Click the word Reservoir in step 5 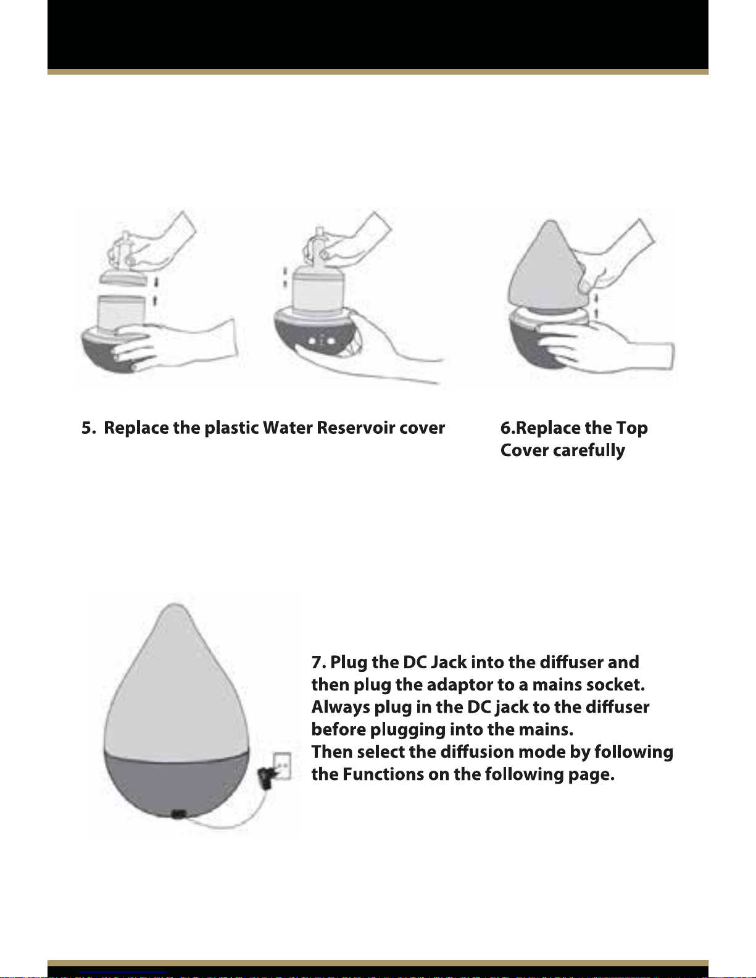355,428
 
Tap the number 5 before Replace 86,428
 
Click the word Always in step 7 340,707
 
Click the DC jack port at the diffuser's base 178,813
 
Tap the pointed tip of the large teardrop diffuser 175,605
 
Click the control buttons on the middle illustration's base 322,341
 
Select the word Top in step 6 632,428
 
